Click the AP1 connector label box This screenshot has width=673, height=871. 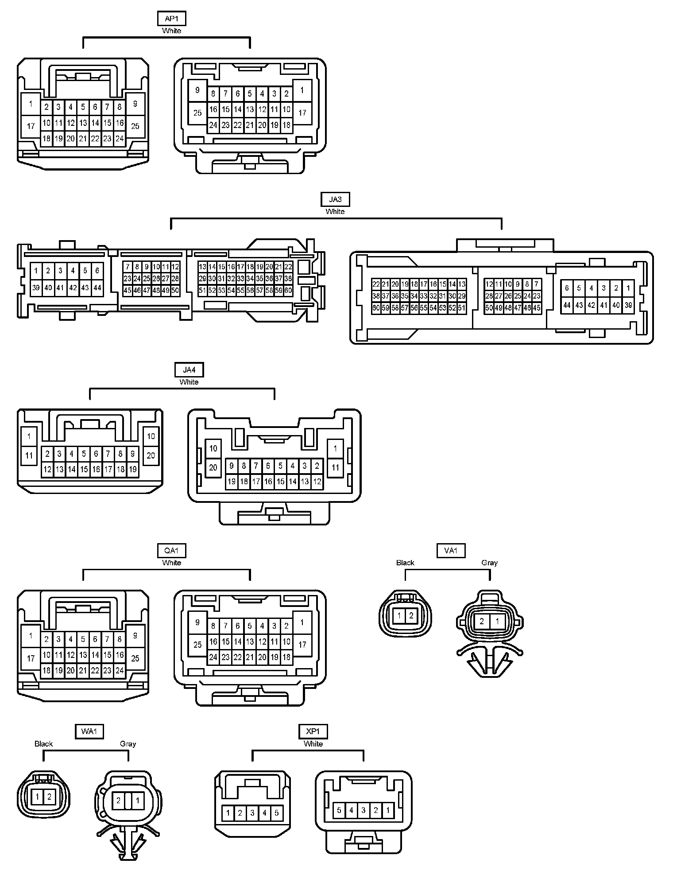coord(171,19)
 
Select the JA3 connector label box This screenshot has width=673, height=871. coord(335,199)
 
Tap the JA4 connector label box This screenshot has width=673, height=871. coord(189,369)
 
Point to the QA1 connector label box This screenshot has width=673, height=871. coord(171,551)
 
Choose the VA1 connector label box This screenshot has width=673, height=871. coord(450,551)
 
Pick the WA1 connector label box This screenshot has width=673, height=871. coord(89,731)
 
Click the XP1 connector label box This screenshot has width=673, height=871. coord(313,731)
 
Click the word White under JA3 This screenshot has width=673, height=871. coord(335,212)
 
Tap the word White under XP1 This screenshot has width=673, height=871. coord(313,744)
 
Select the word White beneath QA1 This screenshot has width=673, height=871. coord(171,563)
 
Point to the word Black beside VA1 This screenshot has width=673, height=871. coord(405,563)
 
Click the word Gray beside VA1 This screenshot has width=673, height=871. coord(489,563)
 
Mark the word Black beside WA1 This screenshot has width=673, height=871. coord(43,744)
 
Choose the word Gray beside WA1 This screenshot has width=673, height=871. coord(128,744)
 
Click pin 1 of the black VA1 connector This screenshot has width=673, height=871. coord(399,615)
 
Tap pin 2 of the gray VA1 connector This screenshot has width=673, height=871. coord(482,621)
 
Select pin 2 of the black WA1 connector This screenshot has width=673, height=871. coord(50,797)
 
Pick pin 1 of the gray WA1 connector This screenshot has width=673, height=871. coord(138,801)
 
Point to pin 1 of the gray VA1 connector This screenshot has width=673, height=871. coord(497,621)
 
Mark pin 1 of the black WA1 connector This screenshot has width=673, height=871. coord(38,797)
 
